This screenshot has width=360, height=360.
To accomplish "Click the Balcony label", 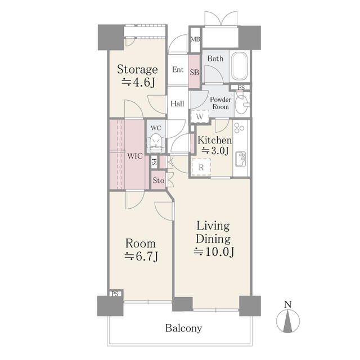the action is click(184, 328).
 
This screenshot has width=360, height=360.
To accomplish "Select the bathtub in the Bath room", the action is click(240, 66).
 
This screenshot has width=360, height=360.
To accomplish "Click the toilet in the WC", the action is click(156, 143).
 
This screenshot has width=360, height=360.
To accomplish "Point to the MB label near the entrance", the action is click(195, 39).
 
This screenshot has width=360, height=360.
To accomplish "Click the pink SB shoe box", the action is click(195, 71).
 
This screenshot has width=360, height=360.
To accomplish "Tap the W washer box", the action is click(200, 116).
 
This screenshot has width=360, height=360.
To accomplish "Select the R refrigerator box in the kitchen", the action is click(201, 167).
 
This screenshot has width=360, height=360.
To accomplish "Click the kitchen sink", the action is click(241, 159).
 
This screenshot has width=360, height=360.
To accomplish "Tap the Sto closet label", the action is click(159, 181).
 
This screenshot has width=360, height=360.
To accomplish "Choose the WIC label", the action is click(135, 156).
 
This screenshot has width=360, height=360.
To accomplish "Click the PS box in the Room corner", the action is click(115, 294).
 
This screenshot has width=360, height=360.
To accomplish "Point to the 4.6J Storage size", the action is click(143, 83).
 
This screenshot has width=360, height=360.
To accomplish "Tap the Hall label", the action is click(177, 103).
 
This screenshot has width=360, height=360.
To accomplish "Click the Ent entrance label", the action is click(178, 70).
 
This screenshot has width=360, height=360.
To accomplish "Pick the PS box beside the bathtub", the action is click(241, 88).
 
